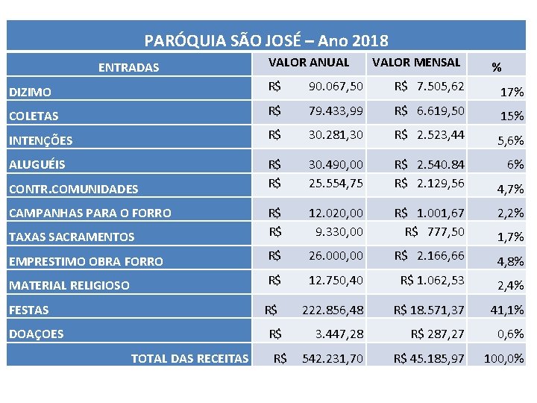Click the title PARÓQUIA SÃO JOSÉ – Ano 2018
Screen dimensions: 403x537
[x=266, y=40]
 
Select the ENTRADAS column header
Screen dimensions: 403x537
[x=128, y=67]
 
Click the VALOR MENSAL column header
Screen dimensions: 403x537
[x=416, y=62]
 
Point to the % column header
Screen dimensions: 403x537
[x=496, y=67]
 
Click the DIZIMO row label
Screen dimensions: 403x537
[x=31, y=93]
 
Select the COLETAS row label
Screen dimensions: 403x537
[x=34, y=116]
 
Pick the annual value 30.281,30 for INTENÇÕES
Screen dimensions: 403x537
[x=336, y=134]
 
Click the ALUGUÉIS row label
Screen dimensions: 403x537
[x=37, y=164]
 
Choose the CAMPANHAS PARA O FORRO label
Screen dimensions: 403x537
[x=89, y=213]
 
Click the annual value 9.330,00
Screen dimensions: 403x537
[x=339, y=231]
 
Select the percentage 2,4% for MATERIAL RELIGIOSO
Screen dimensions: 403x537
[x=510, y=285]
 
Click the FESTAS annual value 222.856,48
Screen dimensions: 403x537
[x=332, y=309]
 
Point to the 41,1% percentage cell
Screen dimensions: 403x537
[x=507, y=309]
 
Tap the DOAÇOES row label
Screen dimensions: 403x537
[x=36, y=334]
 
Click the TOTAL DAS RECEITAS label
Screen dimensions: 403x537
[x=189, y=359]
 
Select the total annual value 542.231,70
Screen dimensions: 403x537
[x=332, y=359]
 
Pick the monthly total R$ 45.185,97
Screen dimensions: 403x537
[x=429, y=359]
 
